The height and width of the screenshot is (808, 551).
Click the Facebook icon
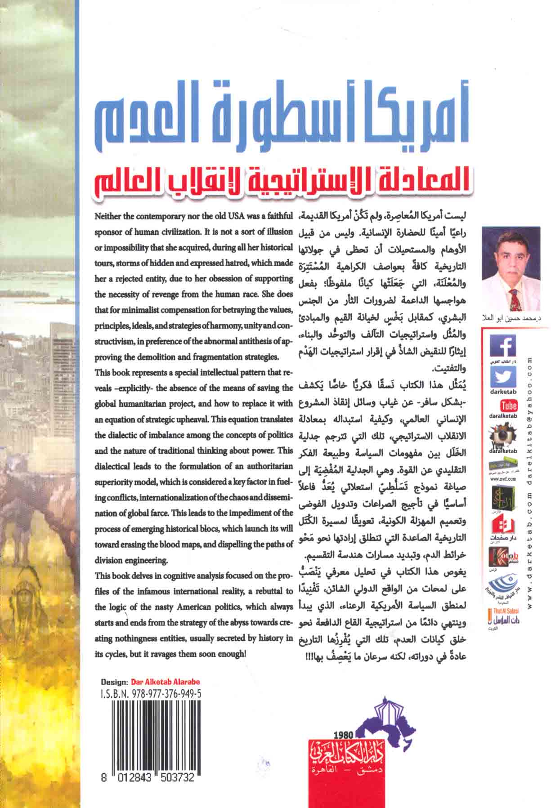click(x=501, y=347)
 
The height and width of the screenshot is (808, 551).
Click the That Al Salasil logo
click(x=501, y=621)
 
